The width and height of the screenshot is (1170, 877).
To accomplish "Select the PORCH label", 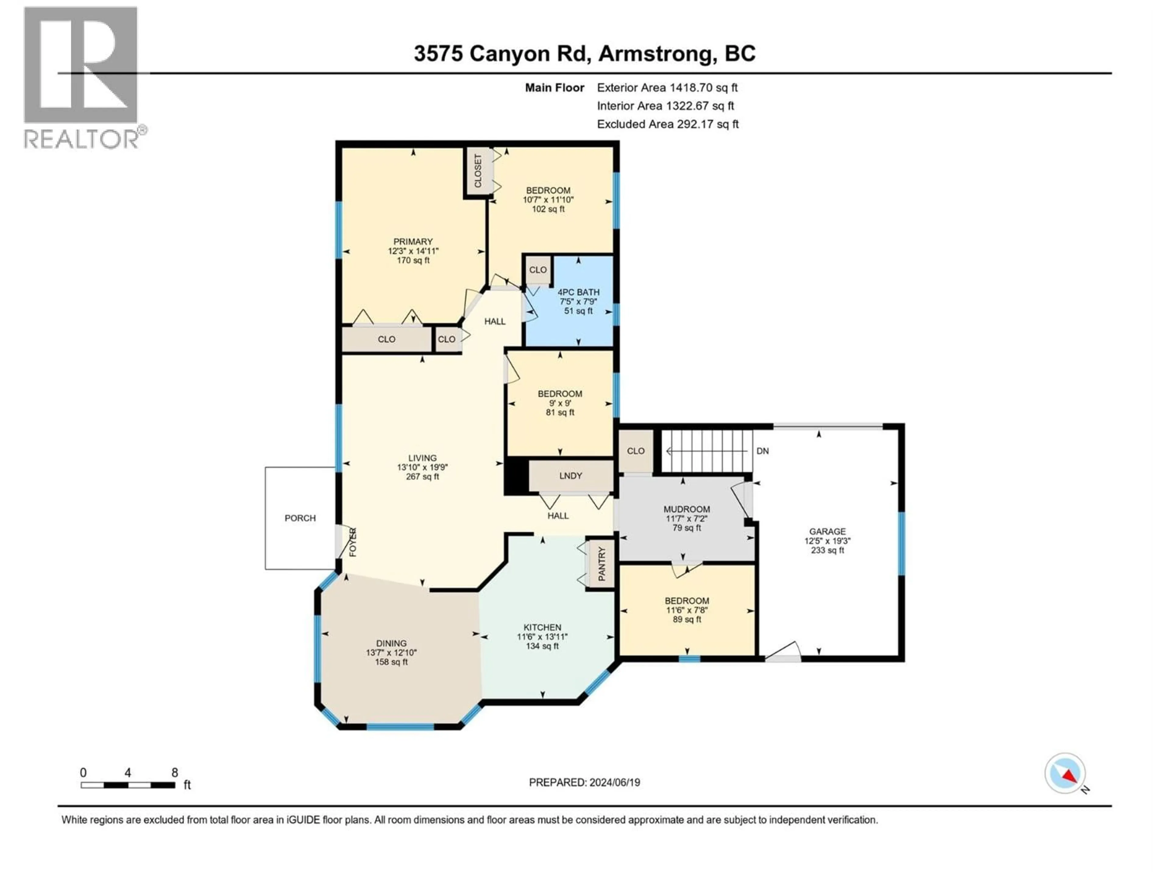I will pyautogui.click(x=300, y=518).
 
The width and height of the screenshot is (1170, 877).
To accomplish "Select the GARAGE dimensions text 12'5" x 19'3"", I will pyautogui.click(x=827, y=541).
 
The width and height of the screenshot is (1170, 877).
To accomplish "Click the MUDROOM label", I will pyautogui.click(x=686, y=509).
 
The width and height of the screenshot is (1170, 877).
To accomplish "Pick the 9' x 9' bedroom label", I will pyautogui.click(x=560, y=394).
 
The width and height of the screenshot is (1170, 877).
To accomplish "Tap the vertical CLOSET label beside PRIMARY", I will pyautogui.click(x=478, y=171).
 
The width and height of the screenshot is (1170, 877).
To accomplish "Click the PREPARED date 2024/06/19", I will pyautogui.click(x=584, y=782).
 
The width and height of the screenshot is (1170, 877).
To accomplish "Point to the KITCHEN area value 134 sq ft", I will pyautogui.click(x=542, y=646).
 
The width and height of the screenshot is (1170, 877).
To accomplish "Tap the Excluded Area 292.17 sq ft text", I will pyautogui.click(x=668, y=124).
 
